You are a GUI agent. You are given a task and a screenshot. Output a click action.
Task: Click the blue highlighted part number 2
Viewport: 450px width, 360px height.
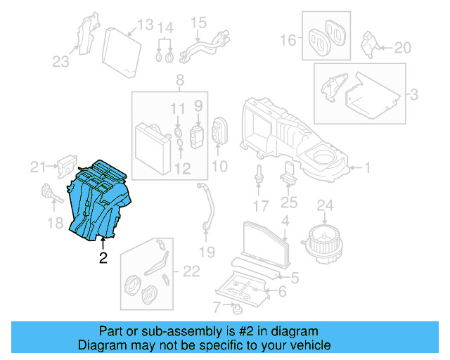point(98,200)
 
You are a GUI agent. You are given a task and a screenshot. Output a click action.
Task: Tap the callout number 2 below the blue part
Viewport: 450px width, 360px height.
point(103,259)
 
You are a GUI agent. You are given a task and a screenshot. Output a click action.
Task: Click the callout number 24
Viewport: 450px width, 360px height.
point(324,205)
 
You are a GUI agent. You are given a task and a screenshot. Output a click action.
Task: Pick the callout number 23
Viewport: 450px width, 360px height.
point(60,62)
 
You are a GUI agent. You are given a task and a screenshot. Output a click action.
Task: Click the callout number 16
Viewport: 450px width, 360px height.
point(289,41)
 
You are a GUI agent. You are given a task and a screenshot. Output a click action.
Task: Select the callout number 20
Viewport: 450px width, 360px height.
point(401,48)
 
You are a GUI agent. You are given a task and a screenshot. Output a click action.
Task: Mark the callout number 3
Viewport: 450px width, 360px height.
point(414,94)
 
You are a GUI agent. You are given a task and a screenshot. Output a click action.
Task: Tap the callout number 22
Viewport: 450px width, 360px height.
point(191,271)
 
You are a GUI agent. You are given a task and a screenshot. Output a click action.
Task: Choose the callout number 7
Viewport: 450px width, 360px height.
point(217,306)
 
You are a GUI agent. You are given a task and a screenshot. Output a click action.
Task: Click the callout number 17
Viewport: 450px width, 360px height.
point(260,206)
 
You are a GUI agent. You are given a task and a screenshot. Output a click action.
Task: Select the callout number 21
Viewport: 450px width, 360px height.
point(37,167)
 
